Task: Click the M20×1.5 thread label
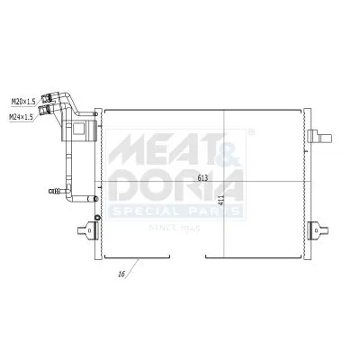tap(22, 102)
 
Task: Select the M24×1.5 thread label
tap(22, 115)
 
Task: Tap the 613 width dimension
tap(205, 175)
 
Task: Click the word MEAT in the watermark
tap(153, 145)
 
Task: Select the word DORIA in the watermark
tap(175, 184)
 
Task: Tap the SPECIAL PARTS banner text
tap(175, 211)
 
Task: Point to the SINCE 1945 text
tap(176, 228)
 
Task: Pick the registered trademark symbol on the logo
tap(249, 133)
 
